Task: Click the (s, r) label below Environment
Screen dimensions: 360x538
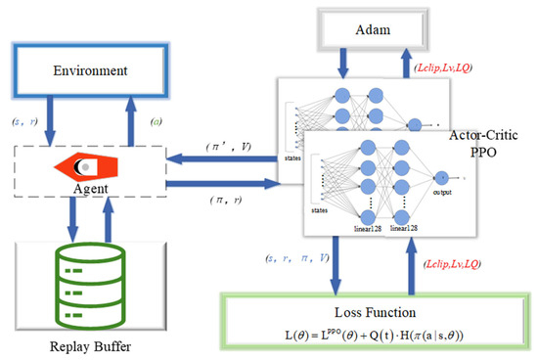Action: pyautogui.click(x=25, y=121)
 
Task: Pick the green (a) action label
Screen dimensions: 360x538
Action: pyautogui.click(x=157, y=121)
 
